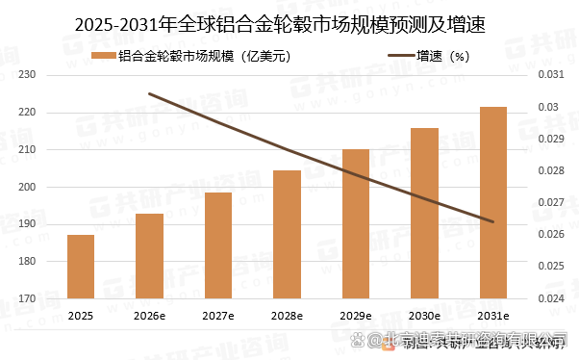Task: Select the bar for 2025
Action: tap(81, 267)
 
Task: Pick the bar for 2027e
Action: tap(218, 245)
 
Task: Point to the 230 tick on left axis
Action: tap(27, 75)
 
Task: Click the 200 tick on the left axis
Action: tap(27, 188)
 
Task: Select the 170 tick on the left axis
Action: tap(27, 299)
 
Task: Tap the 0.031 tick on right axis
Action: tap(547, 75)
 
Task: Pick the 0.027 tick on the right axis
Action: tap(547, 202)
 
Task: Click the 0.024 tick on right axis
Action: tap(547, 298)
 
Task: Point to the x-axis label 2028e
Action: tap(287, 316)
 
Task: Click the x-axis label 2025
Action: tap(81, 316)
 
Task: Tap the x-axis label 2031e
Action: tap(493, 316)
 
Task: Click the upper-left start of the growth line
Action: tap(149, 93)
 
